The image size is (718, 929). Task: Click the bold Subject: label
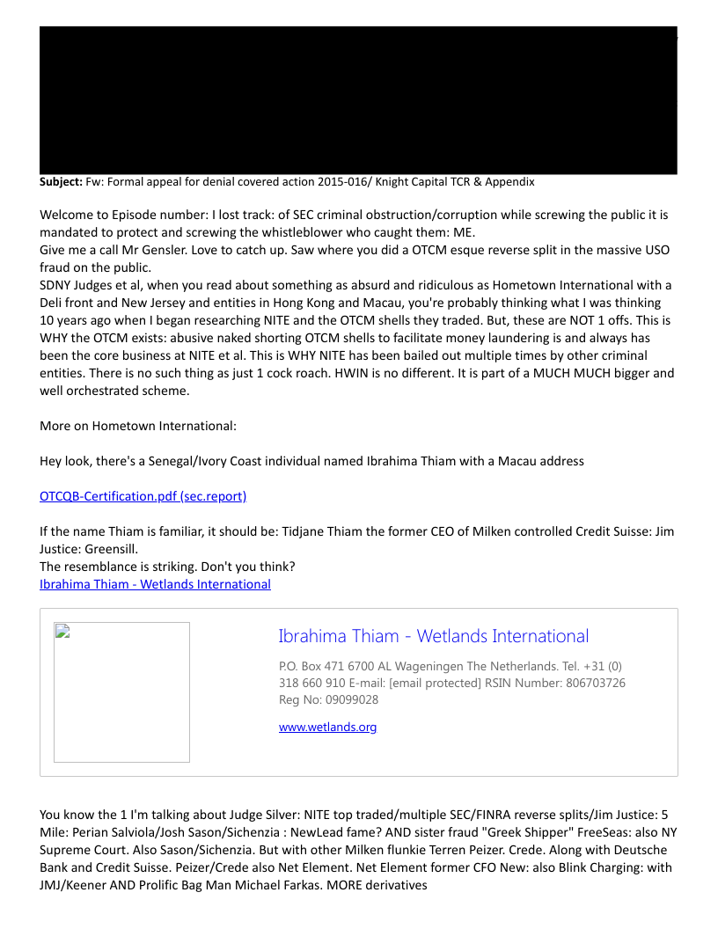tap(61, 182)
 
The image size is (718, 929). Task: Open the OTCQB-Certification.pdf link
tap(143, 496)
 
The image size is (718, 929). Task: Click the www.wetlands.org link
tap(327, 727)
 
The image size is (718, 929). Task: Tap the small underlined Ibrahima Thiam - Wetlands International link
tap(155, 584)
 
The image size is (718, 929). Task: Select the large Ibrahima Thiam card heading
tap(433, 636)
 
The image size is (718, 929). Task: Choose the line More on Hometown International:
tap(138, 426)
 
